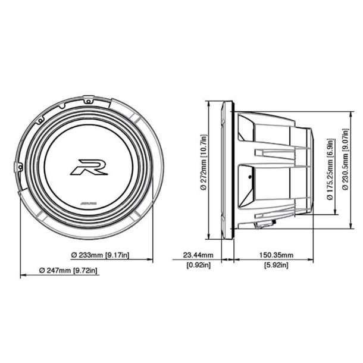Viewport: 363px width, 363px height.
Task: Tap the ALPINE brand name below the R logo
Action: (89, 204)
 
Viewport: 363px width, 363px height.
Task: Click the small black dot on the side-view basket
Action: (251, 177)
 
